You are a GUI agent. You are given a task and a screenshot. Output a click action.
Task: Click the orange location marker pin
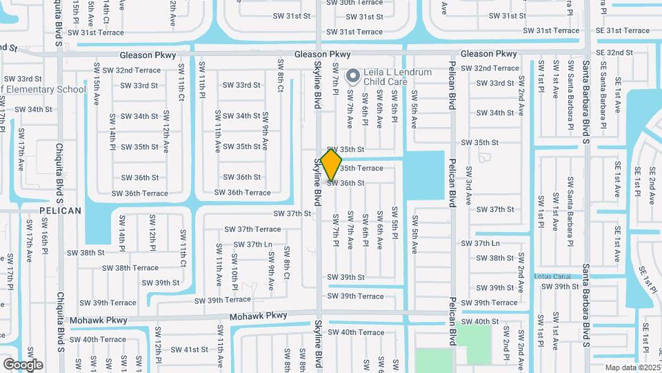(332, 164)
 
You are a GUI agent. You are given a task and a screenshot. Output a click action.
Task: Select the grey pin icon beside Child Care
(353, 75)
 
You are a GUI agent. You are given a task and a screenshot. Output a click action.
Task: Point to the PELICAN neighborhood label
(60, 211)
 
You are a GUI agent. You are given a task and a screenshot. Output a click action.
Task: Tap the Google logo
(23, 365)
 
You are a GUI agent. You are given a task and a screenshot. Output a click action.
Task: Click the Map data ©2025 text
(631, 367)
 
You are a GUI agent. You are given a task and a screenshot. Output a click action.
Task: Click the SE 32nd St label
(614, 52)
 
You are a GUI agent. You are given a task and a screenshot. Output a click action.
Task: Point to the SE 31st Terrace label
(622, 30)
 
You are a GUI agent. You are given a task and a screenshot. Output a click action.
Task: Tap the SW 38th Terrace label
(136, 268)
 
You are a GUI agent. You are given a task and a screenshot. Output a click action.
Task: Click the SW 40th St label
(480, 322)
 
